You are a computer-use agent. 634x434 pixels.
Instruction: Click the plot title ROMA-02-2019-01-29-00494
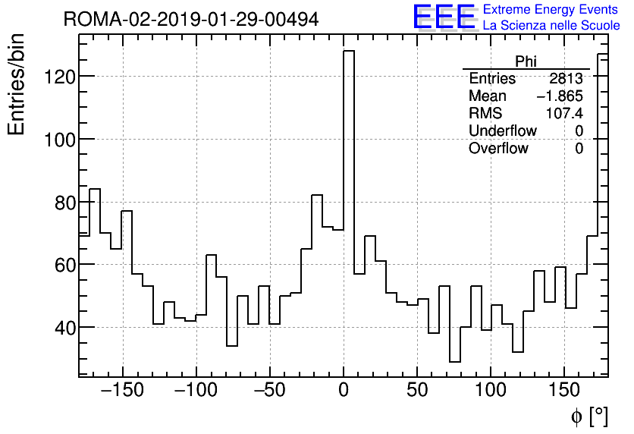tap(191, 19)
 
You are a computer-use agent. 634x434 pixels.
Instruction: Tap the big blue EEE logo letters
tap(444, 17)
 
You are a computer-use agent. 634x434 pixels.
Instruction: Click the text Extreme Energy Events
tap(550, 10)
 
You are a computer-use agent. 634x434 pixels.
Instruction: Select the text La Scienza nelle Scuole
tap(551, 26)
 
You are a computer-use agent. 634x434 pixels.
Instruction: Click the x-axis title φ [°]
tap(588, 416)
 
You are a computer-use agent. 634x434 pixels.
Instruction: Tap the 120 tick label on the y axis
tap(56, 77)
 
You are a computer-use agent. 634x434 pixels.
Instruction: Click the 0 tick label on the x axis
tap(344, 391)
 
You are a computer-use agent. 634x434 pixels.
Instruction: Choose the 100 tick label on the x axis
tap(491, 391)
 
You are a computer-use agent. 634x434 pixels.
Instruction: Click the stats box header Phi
tap(526, 61)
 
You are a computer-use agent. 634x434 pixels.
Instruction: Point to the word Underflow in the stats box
tap(502, 131)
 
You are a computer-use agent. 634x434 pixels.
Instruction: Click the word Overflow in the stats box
tap(498, 149)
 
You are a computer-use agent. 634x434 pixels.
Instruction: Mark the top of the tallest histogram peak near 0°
tap(349, 51)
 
